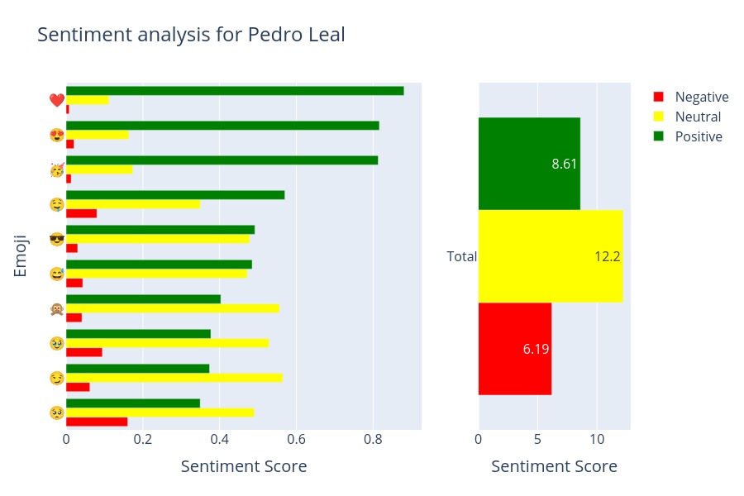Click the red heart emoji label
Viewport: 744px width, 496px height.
click(56, 101)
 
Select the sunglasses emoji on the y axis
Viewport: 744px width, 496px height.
click(56, 240)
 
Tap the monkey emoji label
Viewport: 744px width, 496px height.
click(56, 309)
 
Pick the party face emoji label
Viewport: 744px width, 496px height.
click(56, 170)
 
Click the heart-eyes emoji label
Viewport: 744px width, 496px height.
click(56, 136)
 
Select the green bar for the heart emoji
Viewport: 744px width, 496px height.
click(235, 91)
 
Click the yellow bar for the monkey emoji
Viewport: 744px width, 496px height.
click(172, 308)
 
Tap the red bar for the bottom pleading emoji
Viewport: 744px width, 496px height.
click(97, 422)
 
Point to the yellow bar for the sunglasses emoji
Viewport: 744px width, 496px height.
click(157, 239)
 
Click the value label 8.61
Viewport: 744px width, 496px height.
click(565, 164)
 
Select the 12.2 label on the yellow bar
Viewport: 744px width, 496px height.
click(607, 256)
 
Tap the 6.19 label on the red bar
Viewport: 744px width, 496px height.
click(536, 349)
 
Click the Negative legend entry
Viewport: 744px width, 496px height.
click(701, 97)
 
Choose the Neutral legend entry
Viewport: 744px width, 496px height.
click(698, 117)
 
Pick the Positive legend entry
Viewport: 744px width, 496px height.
click(699, 136)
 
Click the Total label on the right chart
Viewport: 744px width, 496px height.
click(461, 256)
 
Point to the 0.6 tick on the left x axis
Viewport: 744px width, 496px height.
click(297, 439)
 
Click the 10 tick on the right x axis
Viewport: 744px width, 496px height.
click(597, 439)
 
